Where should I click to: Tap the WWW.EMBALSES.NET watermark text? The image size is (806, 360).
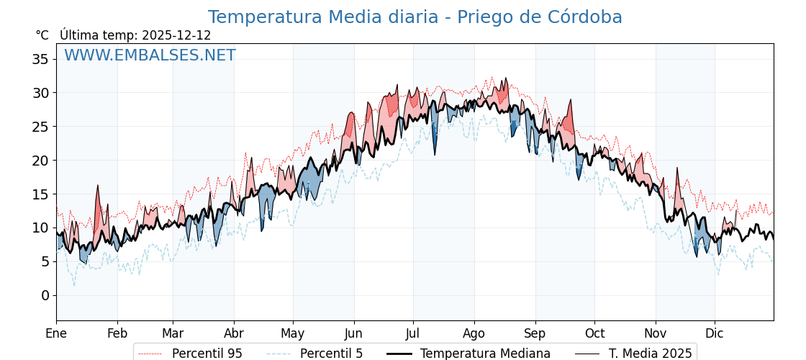click(150, 55)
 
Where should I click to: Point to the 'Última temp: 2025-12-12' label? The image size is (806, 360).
click(135, 35)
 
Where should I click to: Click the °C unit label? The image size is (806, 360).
click(42, 35)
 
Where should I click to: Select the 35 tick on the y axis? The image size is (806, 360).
click(40, 59)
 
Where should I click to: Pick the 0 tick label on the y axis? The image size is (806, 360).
click(45, 295)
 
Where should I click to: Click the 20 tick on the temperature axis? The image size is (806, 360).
click(40, 161)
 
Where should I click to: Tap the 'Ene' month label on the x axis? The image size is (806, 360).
click(56, 333)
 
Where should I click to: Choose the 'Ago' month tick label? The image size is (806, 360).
click(474, 333)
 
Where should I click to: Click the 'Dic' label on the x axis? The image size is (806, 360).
click(715, 333)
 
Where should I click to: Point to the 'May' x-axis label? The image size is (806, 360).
click(293, 333)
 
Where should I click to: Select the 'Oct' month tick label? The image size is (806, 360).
click(594, 333)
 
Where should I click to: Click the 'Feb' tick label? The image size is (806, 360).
click(117, 333)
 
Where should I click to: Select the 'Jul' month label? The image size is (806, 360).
click(413, 333)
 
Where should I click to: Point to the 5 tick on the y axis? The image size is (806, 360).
click(45, 261)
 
